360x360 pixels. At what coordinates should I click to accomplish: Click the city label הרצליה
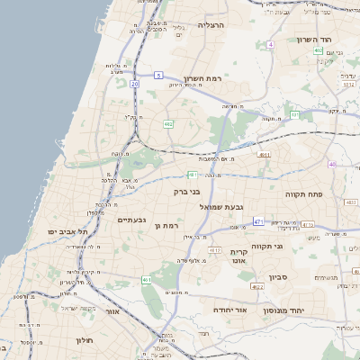(x=217, y=27)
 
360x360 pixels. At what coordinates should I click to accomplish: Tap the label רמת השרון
(x=203, y=80)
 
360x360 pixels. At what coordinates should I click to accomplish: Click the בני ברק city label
(x=184, y=192)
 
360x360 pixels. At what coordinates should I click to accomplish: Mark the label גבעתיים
(x=131, y=220)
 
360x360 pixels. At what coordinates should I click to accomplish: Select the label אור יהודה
(x=230, y=308)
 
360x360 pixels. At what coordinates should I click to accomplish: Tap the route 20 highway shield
(x=134, y=84)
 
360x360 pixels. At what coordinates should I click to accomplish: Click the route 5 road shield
(x=159, y=75)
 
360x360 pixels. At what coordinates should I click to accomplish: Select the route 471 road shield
(x=258, y=221)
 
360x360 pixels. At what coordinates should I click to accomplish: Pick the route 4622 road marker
(x=257, y=286)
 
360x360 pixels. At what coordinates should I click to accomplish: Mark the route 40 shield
(x=332, y=165)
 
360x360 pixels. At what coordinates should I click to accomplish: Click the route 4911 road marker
(x=264, y=155)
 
